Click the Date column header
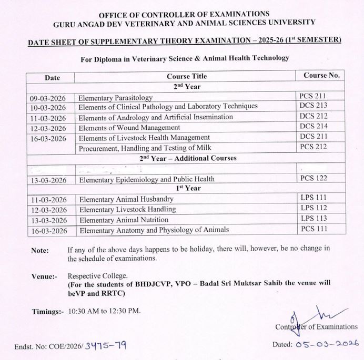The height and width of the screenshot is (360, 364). [x=52, y=77]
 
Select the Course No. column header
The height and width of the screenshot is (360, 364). [x=321, y=76]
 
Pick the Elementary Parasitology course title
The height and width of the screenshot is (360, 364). [x=115, y=98]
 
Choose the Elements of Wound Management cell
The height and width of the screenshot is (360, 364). [x=129, y=128]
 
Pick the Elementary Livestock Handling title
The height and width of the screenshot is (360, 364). [x=127, y=210]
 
